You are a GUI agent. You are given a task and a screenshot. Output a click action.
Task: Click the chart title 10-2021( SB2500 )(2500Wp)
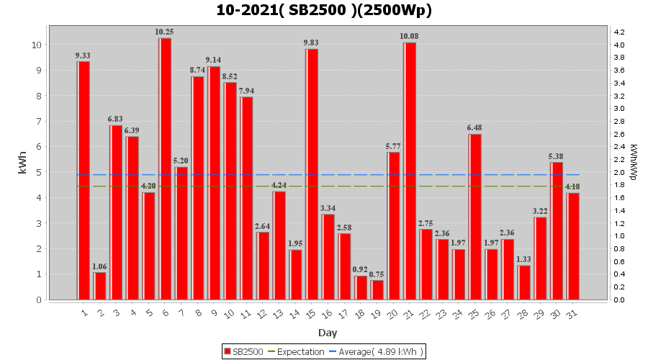pyautogui.click(x=324, y=10)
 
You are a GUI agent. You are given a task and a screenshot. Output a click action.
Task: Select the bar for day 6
pyautogui.click(x=165, y=168)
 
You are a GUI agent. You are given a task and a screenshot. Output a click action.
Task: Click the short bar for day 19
pyautogui.click(x=377, y=289)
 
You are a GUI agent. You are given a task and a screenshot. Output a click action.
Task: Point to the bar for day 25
pyautogui.click(x=475, y=217)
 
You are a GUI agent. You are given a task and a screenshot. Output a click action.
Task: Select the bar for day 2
pyautogui.click(x=99, y=286)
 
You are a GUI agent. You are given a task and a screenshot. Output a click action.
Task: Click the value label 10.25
pyautogui.click(x=164, y=32)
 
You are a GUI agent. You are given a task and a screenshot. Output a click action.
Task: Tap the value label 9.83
pyautogui.click(x=312, y=42)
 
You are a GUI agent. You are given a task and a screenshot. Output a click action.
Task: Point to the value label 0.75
pyautogui.click(x=377, y=274)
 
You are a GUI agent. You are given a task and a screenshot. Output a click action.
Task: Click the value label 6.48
pyautogui.click(x=475, y=128)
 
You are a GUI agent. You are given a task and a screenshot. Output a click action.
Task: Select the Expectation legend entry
pyautogui.click(x=297, y=351)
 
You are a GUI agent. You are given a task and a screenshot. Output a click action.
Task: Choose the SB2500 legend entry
pyautogui.click(x=243, y=351)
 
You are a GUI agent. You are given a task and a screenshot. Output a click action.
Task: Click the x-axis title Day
pyautogui.click(x=328, y=333)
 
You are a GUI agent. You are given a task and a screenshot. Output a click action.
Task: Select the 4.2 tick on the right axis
pyautogui.click(x=618, y=32)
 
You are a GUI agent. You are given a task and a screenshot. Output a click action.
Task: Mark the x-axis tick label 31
pyautogui.click(x=572, y=314)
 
